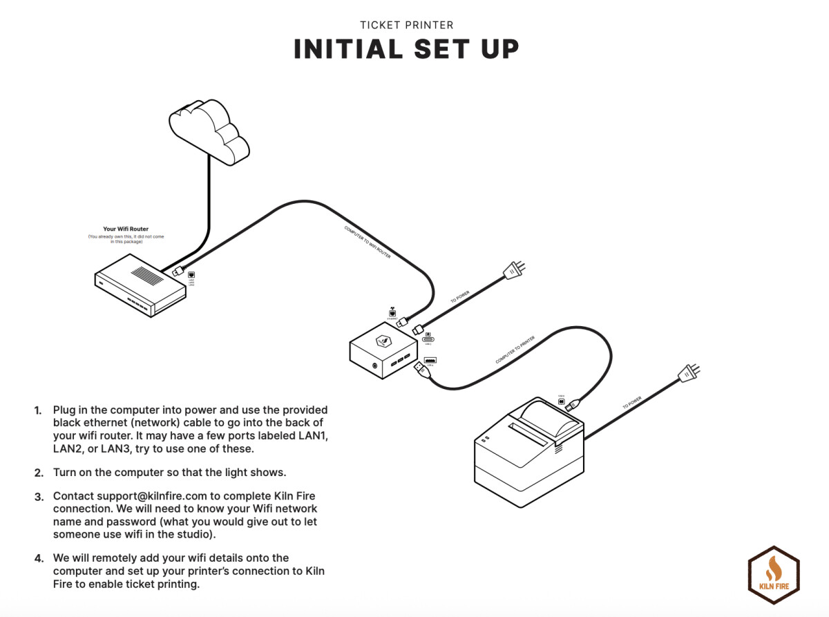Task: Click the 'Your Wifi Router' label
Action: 125,229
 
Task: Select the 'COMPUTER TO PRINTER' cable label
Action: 515,350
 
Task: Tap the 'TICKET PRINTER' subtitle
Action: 406,26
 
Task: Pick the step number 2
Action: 39,473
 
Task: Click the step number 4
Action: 39,558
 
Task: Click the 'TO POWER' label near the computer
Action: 460,297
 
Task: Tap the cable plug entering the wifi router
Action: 178,271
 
